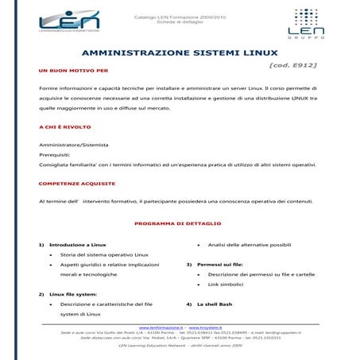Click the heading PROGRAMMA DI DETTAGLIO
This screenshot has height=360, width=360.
click(x=178, y=223)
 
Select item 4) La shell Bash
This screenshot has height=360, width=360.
click(x=214, y=304)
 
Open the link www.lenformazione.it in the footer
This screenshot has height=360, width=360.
click(x=161, y=327)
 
